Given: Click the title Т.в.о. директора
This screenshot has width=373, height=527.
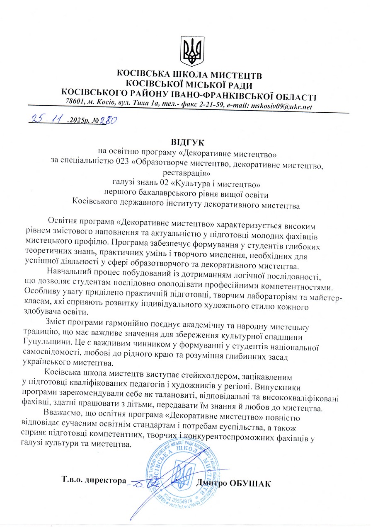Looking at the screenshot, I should coord(93,481).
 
